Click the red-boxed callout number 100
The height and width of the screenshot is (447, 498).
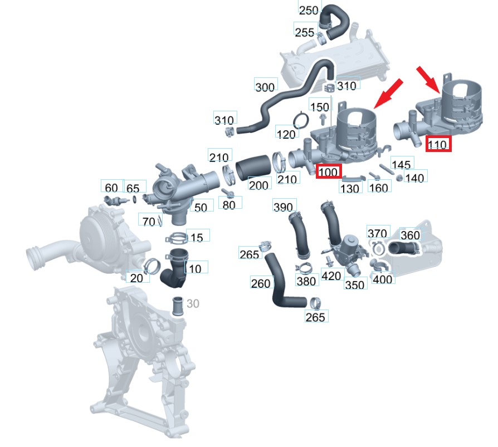click(328, 172)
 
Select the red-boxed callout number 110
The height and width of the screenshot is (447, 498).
click(438, 145)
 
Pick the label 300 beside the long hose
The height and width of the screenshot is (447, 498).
click(265, 87)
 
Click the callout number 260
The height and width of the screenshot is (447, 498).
click(261, 283)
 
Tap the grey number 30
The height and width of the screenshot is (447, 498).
click(193, 304)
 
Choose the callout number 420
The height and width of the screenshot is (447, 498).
click(332, 276)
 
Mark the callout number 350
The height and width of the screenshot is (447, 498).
click(355, 285)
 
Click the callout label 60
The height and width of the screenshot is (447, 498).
click(111, 188)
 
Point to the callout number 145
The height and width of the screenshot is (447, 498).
click(401, 165)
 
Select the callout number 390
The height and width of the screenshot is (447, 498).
click(283, 207)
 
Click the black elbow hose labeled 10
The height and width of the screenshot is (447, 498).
click(174, 271)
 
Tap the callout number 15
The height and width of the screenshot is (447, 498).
click(197, 238)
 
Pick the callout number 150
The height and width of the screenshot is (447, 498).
click(320, 107)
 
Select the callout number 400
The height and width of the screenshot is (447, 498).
click(382, 279)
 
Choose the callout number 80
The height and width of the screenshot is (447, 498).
click(229, 204)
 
